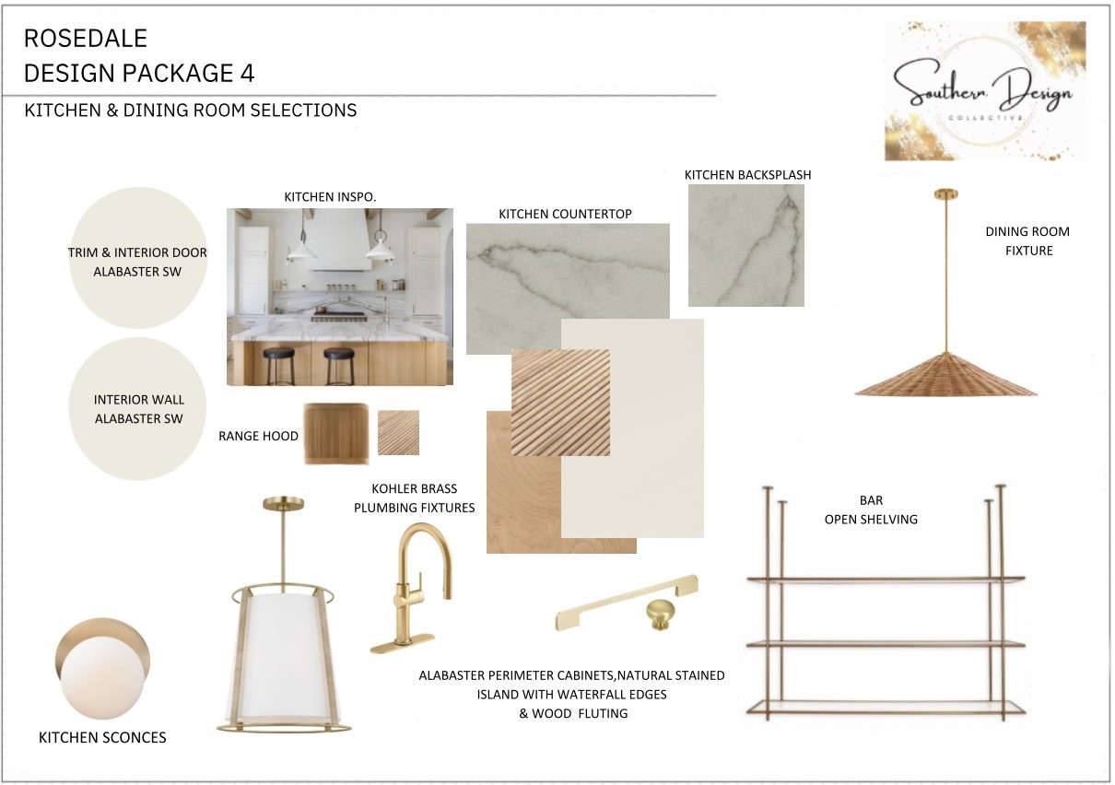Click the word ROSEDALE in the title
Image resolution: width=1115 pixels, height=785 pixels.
click(86, 39)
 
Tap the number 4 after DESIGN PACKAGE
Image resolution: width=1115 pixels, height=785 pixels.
click(247, 73)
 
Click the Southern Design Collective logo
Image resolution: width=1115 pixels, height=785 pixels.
click(984, 90)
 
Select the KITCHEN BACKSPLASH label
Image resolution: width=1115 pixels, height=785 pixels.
click(747, 175)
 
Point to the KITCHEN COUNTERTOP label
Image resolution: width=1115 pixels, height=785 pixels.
click(565, 214)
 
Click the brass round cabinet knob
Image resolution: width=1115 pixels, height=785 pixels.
click(661, 615)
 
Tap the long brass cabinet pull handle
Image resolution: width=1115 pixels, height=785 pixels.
click(627, 603)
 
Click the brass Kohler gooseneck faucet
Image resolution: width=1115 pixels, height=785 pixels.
click(411, 589)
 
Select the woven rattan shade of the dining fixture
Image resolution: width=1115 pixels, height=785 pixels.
click(945, 374)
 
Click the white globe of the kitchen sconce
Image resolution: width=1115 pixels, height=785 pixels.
click(102, 676)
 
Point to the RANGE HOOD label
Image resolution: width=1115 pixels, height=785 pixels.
click(258, 436)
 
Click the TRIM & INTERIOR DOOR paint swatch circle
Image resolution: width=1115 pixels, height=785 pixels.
click(138, 258)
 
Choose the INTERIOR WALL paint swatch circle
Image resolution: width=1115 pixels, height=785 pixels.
click(138, 409)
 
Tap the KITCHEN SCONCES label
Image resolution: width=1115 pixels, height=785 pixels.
click(102, 737)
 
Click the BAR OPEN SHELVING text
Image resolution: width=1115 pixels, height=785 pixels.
click(871, 510)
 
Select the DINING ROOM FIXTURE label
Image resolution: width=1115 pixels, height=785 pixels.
click(1027, 240)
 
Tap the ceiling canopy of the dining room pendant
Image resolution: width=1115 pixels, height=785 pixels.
click(945, 194)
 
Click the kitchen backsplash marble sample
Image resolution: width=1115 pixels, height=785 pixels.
click(746, 245)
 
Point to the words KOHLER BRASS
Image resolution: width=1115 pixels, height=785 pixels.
click(414, 489)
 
